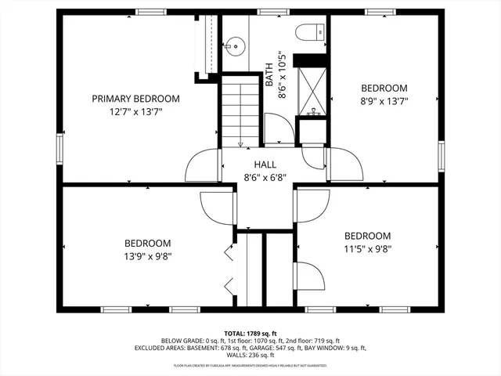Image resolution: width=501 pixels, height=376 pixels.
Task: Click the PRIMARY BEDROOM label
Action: [135, 99]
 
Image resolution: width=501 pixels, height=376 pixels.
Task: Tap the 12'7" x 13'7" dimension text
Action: [135, 111]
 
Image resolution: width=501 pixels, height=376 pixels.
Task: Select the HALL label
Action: [265, 164]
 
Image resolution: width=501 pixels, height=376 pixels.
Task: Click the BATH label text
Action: [269, 74]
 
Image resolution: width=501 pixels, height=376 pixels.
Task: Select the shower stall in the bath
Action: [312, 93]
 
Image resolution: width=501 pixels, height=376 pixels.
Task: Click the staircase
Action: [240, 110]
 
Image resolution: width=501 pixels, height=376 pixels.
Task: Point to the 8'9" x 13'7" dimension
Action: [384, 100]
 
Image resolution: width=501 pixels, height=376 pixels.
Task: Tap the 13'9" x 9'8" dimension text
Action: [147, 255]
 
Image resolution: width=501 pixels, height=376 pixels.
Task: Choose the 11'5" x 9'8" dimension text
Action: [367, 249]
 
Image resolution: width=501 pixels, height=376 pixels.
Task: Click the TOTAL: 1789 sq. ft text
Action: [250, 333]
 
